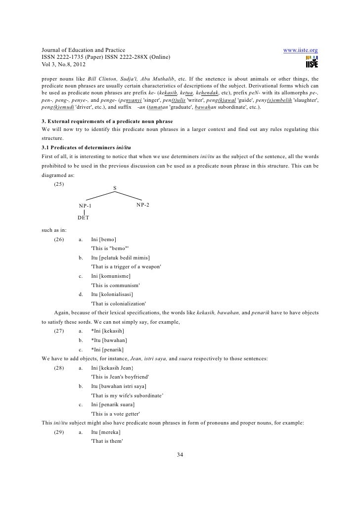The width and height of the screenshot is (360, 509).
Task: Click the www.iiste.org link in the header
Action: [300, 50]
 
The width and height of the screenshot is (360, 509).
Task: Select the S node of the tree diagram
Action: [115, 188]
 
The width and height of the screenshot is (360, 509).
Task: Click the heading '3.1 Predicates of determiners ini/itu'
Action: [83, 147]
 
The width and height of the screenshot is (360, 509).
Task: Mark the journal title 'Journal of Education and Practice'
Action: [83, 50]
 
